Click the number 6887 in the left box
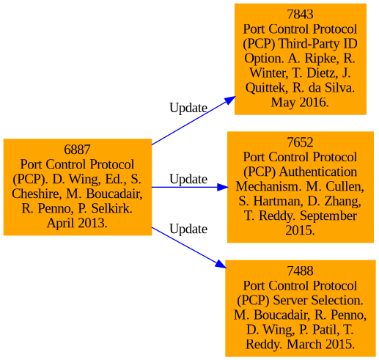coord(77,150)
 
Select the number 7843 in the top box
coord(300,14)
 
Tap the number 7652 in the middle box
coord(300,142)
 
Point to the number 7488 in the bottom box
coord(300,271)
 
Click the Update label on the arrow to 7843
coord(188,108)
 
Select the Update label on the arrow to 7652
coord(188,179)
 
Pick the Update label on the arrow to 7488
coord(188,229)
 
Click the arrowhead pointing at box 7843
coord(230,100)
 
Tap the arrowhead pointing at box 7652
coord(222,187)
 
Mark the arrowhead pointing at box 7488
coord(221,265)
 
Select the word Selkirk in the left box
coord(111,208)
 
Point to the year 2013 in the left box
coord(93,223)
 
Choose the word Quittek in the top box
coord(267,88)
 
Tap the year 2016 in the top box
coord(314,103)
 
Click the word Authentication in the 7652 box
coord(318,172)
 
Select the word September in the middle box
coord(328,216)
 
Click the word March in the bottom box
coord(304,345)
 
